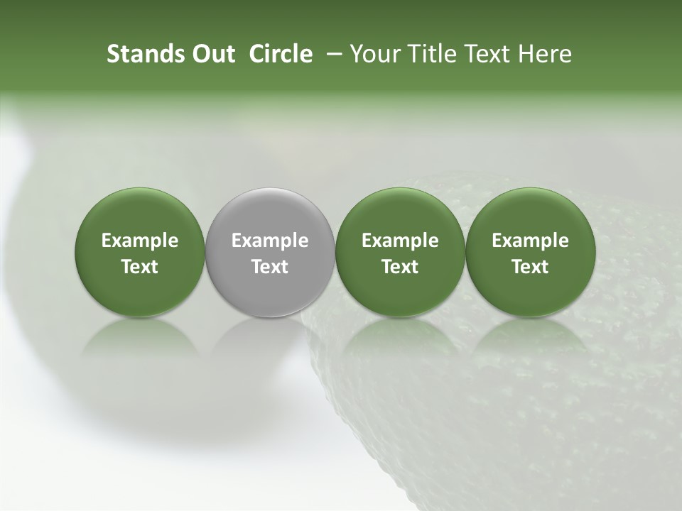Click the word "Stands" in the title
click(x=139, y=54)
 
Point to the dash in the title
click(x=331, y=54)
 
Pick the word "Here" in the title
click(x=545, y=54)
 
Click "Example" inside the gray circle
click(x=270, y=241)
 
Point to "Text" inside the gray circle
click(x=270, y=267)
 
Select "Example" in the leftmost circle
click(x=140, y=241)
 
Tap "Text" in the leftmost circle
click(x=140, y=267)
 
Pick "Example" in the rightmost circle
click(x=531, y=241)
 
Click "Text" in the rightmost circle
click(x=531, y=267)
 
